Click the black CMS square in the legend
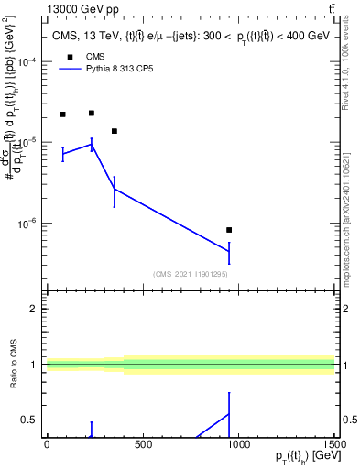click(66, 56)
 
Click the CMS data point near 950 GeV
click(229, 230)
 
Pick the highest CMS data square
click(92, 113)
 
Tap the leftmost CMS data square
click(62, 115)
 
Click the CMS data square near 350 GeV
click(115, 131)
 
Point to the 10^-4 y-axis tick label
click(29, 62)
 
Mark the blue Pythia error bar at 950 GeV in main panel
click(229, 252)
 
